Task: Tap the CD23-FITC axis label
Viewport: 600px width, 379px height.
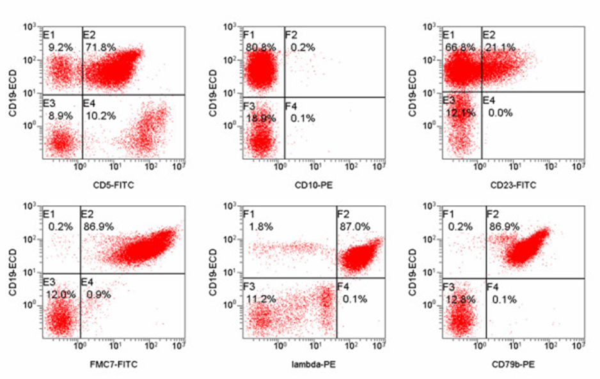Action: tap(514, 185)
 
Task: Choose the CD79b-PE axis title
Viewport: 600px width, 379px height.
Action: tap(514, 366)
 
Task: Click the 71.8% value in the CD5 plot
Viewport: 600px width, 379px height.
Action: tap(98, 47)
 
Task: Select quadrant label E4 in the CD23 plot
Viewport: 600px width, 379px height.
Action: tap(489, 100)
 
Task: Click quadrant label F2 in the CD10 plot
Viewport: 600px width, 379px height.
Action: tap(291, 34)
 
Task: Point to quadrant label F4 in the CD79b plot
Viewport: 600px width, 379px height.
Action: tap(493, 286)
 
